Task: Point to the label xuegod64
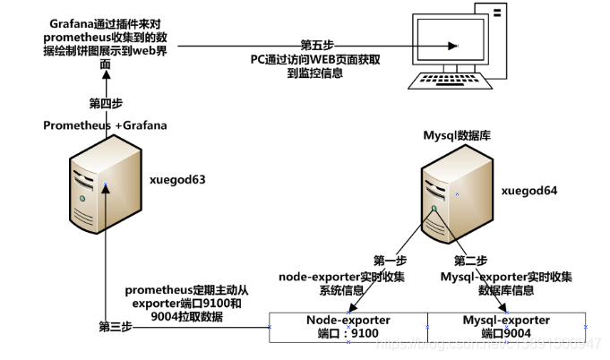(x=528, y=190)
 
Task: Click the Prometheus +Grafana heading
(x=105, y=125)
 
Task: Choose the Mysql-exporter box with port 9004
(x=506, y=327)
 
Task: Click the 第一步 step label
(x=390, y=261)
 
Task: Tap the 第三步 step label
(x=115, y=328)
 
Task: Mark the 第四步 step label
(x=106, y=103)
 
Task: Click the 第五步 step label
(x=318, y=44)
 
